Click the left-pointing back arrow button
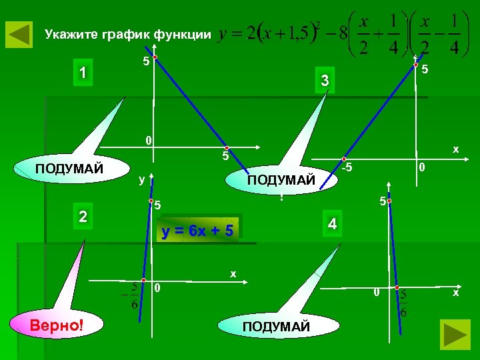pyautogui.click(x=19, y=34)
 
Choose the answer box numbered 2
pyautogui.click(x=82, y=217)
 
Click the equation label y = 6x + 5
pyautogui.click(x=198, y=231)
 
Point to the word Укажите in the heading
pyautogui.click(x=71, y=34)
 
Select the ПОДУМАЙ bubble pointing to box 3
pyautogui.click(x=281, y=180)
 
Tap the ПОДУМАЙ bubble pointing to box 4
pyautogui.click(x=276, y=327)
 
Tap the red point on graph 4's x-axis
pyautogui.click(x=396, y=288)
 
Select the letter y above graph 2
pyautogui.click(x=141, y=180)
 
